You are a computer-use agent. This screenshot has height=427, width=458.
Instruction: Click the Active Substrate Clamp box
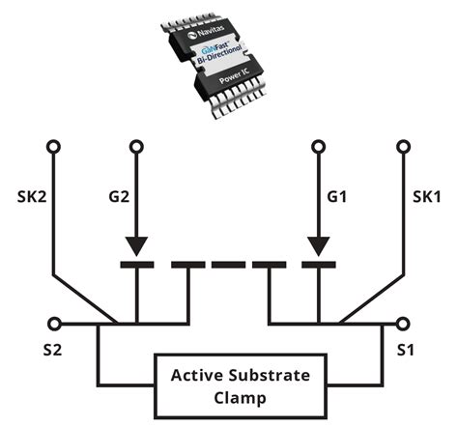point(228,384)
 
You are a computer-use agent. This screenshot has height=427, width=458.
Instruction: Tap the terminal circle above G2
point(137,147)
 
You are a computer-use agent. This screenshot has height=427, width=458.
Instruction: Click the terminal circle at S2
point(54,324)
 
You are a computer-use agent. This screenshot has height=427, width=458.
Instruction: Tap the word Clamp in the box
point(228,395)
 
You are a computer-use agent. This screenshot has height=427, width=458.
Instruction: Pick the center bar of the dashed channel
point(228,264)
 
